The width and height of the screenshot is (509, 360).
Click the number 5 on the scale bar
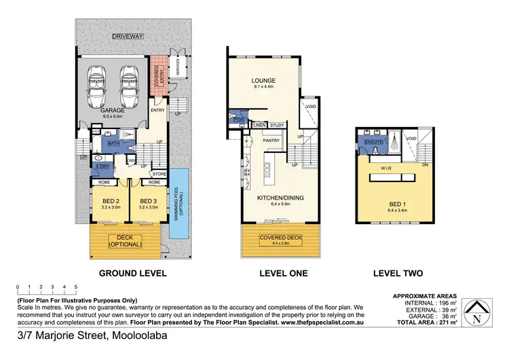(x=76, y=287)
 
